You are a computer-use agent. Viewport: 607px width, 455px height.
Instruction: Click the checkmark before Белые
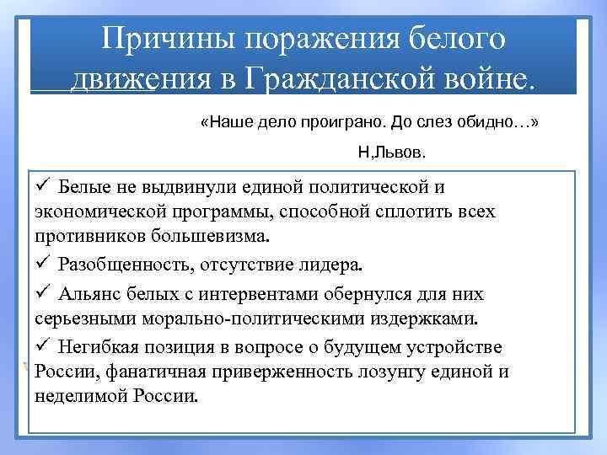[x=44, y=186]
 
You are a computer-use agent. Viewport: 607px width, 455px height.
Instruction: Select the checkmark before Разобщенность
[x=44, y=265]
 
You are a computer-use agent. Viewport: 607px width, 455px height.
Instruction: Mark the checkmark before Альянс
[x=44, y=294]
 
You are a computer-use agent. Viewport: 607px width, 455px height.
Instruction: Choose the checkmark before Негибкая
[x=44, y=346]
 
